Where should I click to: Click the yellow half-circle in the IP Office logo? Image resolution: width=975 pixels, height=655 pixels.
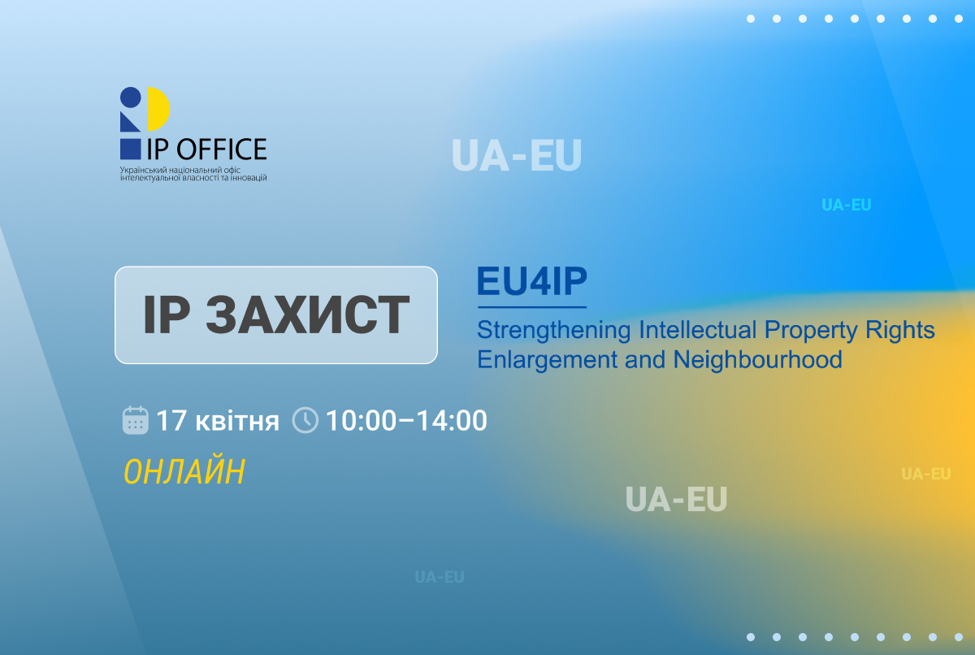pos(159,110)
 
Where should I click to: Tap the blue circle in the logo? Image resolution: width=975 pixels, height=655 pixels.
pos(131,97)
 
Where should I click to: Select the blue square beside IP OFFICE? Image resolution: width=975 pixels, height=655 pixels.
pos(130,149)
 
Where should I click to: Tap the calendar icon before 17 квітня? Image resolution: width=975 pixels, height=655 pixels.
pos(135,420)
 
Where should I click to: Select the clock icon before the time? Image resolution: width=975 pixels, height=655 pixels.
pos(305,420)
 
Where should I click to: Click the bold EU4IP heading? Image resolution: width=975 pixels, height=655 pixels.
pos(531,282)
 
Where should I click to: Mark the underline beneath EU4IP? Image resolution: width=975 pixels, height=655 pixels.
pos(531,307)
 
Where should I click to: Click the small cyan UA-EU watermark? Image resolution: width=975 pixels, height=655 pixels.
pos(846,206)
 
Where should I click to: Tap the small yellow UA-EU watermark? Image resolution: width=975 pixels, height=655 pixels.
pos(925,474)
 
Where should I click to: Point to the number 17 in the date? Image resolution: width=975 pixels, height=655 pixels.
pos(171,421)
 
